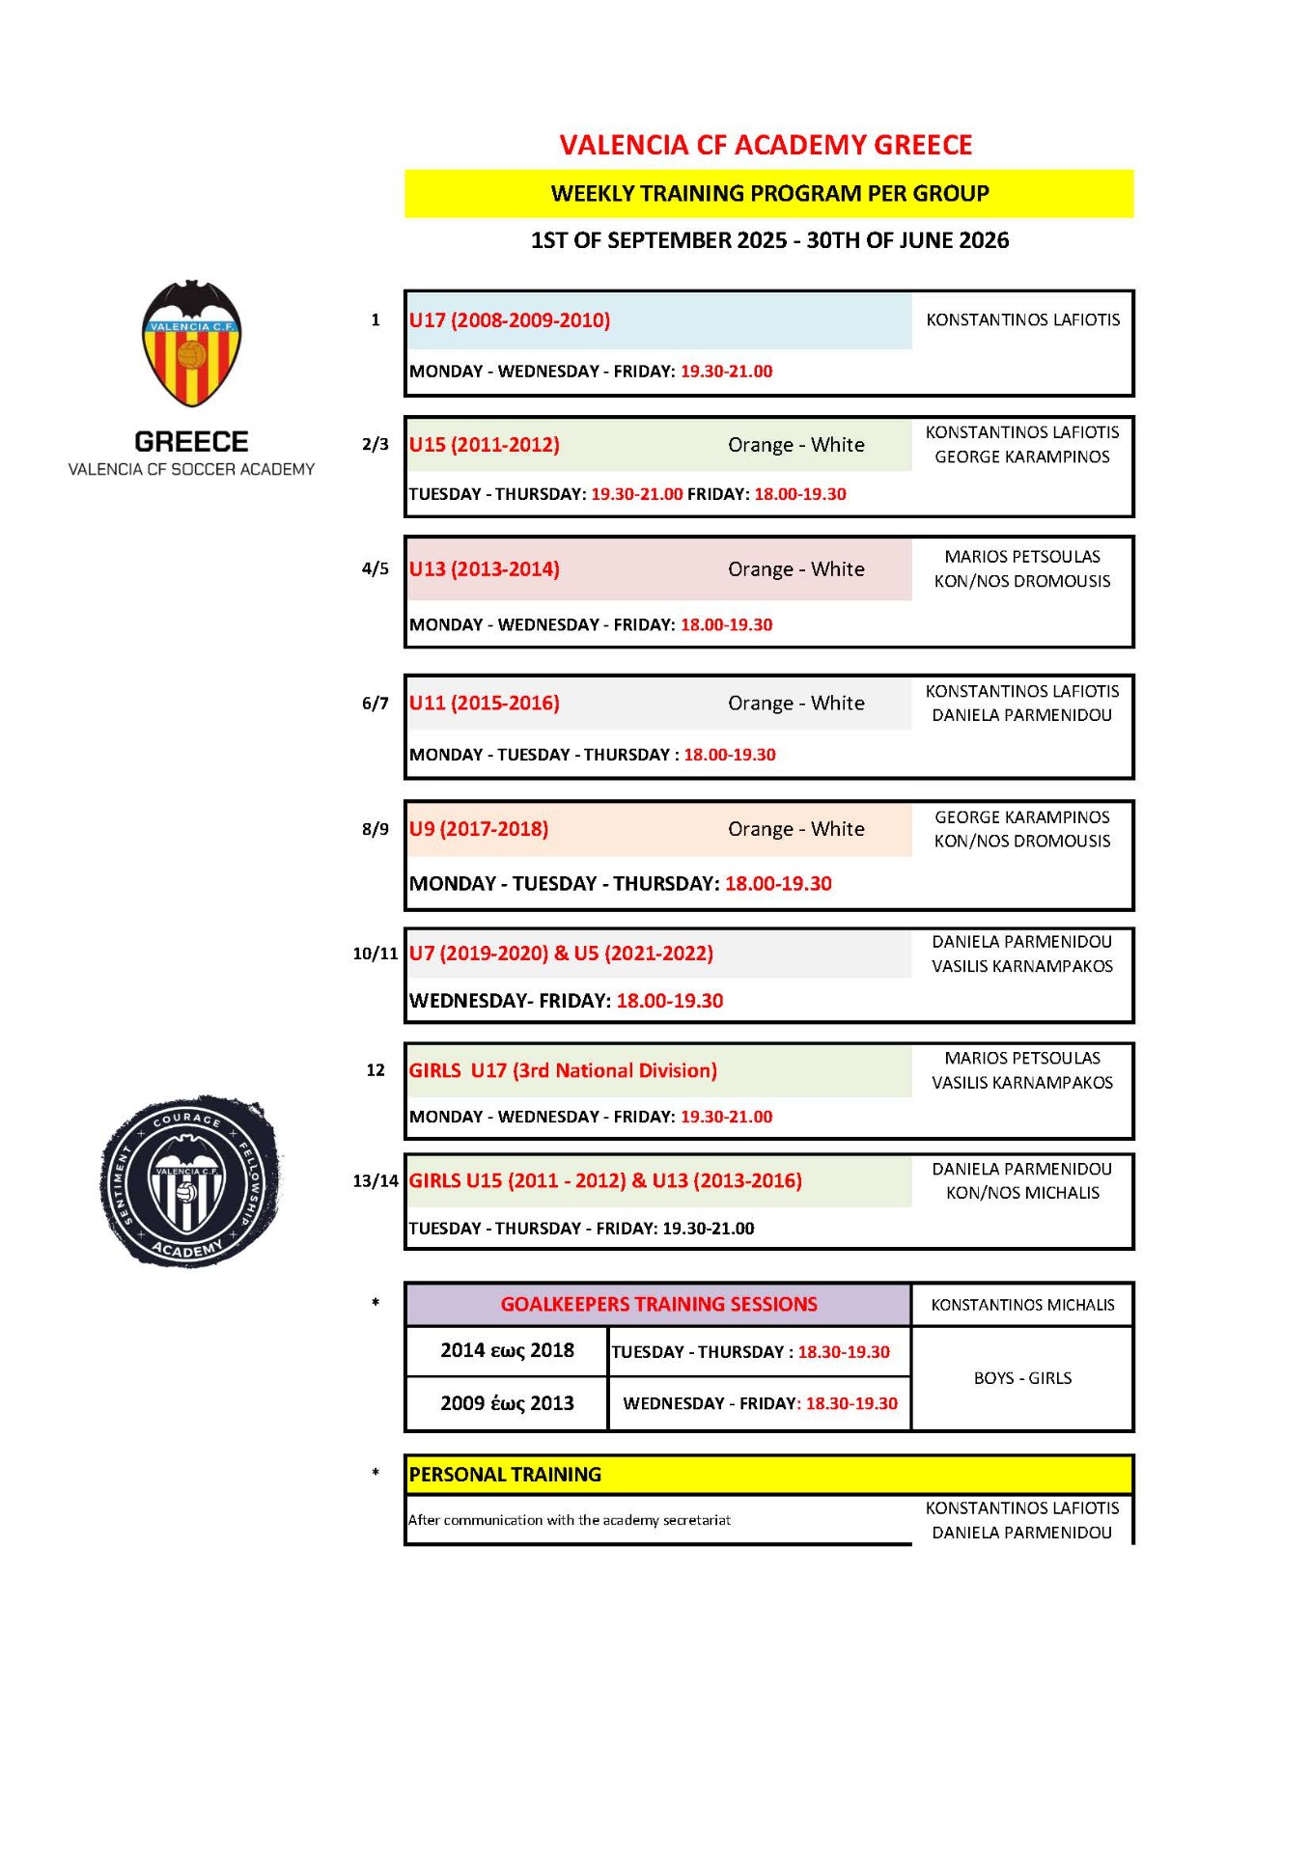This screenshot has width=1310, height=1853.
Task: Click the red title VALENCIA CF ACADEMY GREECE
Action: click(x=766, y=145)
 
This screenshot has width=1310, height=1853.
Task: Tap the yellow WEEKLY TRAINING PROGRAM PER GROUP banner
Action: click(x=769, y=193)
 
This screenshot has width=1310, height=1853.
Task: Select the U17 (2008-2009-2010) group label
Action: click(x=510, y=320)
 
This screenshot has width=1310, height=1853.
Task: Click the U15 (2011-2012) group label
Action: click(x=485, y=445)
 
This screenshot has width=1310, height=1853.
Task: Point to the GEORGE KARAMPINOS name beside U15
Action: click(x=1022, y=457)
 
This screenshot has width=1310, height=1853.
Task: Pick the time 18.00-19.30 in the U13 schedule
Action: click(x=726, y=624)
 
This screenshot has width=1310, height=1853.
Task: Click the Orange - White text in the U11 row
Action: click(x=796, y=704)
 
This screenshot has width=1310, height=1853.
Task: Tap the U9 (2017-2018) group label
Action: click(x=479, y=829)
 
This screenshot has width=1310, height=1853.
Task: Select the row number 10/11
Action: click(x=375, y=954)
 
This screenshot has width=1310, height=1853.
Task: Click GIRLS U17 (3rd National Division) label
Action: click(x=563, y=1070)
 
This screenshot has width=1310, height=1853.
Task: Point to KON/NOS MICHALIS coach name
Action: click(x=1022, y=1193)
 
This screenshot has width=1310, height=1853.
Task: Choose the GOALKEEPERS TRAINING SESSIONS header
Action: click(x=658, y=1305)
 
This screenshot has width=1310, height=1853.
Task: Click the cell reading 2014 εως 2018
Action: click(x=507, y=1350)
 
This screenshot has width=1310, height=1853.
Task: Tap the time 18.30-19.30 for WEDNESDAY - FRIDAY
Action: click(x=851, y=1403)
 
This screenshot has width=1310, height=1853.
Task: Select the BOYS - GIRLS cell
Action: click(x=1022, y=1378)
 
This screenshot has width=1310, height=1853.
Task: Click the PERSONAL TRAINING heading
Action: click(x=505, y=1475)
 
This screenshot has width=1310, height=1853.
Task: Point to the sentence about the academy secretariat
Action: click(x=570, y=1520)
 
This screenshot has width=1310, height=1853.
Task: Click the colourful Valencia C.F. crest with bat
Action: click(x=191, y=344)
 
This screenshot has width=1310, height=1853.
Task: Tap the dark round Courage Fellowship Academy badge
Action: click(x=190, y=1181)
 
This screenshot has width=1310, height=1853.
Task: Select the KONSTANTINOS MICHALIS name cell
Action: click(x=1022, y=1305)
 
